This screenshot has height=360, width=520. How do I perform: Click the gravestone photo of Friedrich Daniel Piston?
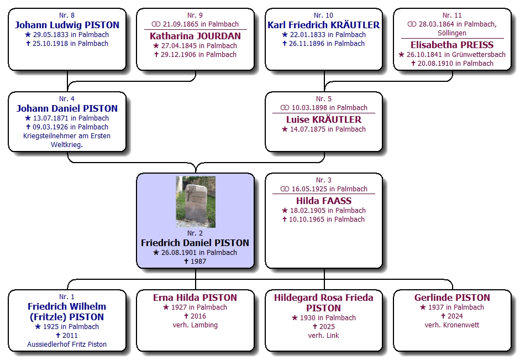[x=195, y=202]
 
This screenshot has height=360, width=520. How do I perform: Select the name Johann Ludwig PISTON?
[x=67, y=25]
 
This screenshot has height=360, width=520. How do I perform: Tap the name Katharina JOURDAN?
[x=195, y=36]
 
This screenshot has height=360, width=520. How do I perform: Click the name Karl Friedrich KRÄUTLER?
[x=323, y=25]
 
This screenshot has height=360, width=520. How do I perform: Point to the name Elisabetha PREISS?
[x=452, y=45]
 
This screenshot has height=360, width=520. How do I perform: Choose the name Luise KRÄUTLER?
[x=323, y=119]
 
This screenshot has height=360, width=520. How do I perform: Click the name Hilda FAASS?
[x=323, y=201]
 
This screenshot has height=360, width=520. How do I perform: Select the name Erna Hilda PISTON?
[x=195, y=298]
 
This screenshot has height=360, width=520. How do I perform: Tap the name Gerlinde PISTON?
[x=452, y=298]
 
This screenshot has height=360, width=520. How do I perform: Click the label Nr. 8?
[x=67, y=15]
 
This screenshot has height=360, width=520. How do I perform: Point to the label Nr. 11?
[x=452, y=15]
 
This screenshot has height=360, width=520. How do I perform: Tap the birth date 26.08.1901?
[x=179, y=253]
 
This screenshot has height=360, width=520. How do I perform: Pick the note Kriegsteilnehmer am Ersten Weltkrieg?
[x=67, y=140]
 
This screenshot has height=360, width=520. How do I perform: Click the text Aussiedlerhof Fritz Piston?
[x=67, y=345]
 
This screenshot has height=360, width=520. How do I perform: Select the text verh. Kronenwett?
[x=452, y=325]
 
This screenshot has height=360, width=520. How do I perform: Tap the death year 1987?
[x=198, y=262]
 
